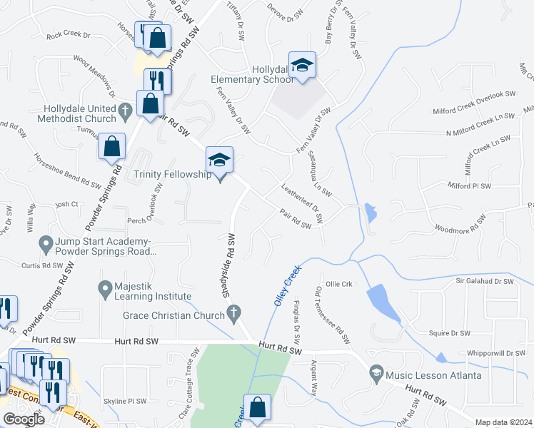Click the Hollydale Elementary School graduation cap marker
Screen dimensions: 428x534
pos(302,66)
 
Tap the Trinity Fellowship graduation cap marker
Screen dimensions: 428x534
pos(220,161)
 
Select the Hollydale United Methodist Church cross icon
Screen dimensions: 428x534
pos(126,110)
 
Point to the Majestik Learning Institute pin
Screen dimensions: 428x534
pos(104,288)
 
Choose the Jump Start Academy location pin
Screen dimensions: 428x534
pos(46,244)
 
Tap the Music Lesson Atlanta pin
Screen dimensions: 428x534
pos(376,374)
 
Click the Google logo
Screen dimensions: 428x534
pos(24,419)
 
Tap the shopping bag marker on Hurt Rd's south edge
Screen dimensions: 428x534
pos(257,408)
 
